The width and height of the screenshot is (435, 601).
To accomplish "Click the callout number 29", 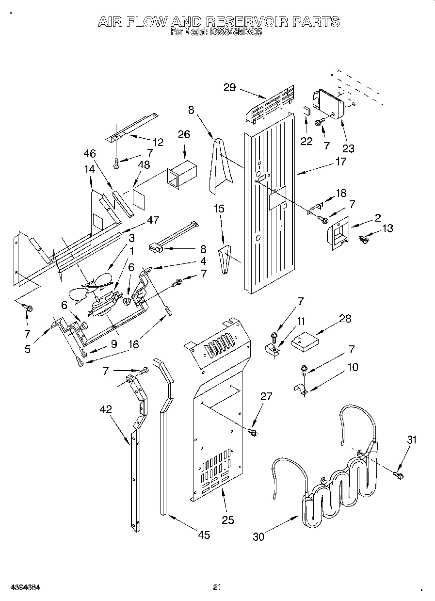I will (229, 87).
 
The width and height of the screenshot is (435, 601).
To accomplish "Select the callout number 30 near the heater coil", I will (258, 537).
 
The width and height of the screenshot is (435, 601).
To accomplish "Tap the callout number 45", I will (204, 535).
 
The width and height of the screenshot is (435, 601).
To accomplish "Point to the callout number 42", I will (106, 409).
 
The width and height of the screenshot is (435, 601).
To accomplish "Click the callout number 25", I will (227, 520).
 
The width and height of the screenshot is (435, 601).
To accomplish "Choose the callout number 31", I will (412, 439).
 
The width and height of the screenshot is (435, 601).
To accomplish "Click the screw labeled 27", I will (252, 431).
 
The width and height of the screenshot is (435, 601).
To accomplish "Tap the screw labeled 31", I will (399, 475).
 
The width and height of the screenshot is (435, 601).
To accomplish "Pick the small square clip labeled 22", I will (306, 110).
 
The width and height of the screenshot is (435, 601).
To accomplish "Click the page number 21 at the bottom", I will (217, 587).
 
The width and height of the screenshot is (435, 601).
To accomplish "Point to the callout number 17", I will (341, 162).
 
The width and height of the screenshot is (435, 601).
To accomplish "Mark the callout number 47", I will (153, 220).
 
